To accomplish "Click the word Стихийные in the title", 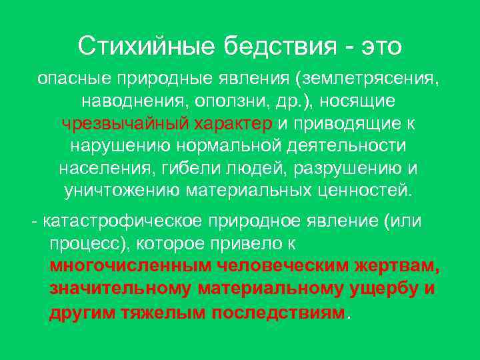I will tap(145, 47).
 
